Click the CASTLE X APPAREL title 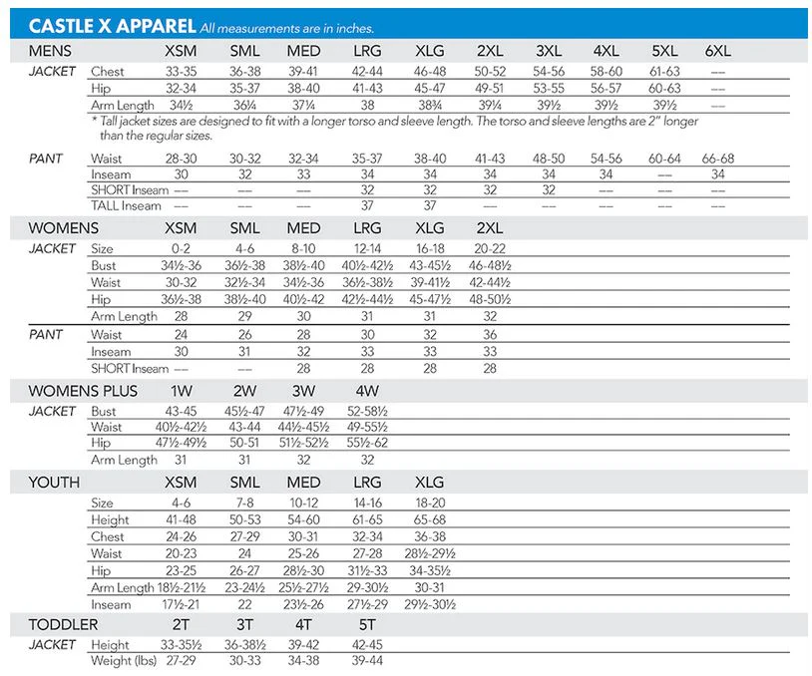pyautogui.click(x=112, y=26)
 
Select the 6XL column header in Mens pyautogui.click(x=718, y=51)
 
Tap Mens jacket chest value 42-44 pyautogui.click(x=367, y=72)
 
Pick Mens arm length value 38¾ pyautogui.click(x=430, y=105)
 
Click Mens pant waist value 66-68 pyautogui.click(x=718, y=159)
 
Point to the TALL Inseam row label pyautogui.click(x=126, y=206)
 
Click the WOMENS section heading pyautogui.click(x=63, y=228)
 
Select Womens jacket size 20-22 pyautogui.click(x=490, y=249)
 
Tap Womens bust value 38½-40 pyautogui.click(x=303, y=265)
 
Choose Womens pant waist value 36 pyautogui.click(x=490, y=334)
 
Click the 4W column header pyautogui.click(x=367, y=391)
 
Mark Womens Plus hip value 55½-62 pyautogui.click(x=367, y=443)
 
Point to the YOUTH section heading pyautogui.click(x=54, y=483)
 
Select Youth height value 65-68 pyautogui.click(x=430, y=519)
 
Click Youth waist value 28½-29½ pyautogui.click(x=430, y=553)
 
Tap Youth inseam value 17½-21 pyautogui.click(x=181, y=604)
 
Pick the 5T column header pyautogui.click(x=367, y=625)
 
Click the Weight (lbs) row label pyautogui.click(x=124, y=661)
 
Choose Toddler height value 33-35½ pyautogui.click(x=181, y=645)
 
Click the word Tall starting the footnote pyautogui.click(x=108, y=121)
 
